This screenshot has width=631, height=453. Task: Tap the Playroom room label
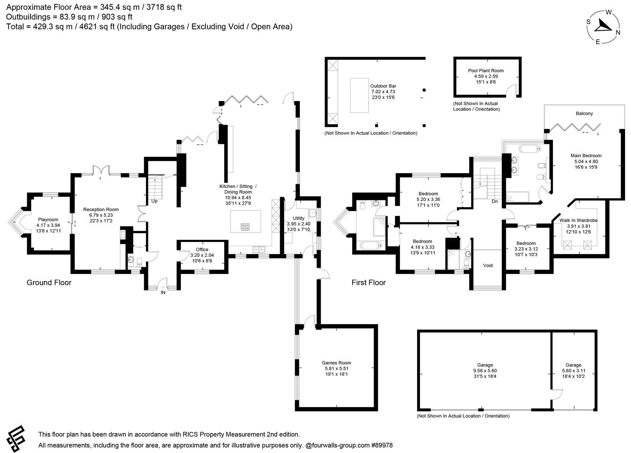[48, 220]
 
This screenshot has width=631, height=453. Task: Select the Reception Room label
[101, 209]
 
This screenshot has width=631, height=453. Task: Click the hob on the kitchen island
[245, 227]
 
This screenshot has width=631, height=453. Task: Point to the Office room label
[202, 250]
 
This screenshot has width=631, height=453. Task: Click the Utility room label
[299, 218]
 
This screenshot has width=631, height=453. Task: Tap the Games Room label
[336, 363]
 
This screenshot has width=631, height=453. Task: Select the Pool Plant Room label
[486, 71]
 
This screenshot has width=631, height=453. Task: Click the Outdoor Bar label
[383, 86]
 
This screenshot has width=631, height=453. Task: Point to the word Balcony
[584, 114]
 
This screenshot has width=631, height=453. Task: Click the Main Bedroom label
[586, 156]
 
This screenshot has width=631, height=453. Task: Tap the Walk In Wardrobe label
[578, 220]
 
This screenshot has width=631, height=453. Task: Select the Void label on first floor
[488, 266]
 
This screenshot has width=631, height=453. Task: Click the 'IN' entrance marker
[163, 293]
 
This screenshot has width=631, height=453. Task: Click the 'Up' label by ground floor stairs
[154, 201]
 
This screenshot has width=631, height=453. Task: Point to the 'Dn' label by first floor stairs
[495, 201]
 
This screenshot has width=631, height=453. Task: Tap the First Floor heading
[368, 283]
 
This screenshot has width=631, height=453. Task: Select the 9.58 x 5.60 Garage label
[485, 365]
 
